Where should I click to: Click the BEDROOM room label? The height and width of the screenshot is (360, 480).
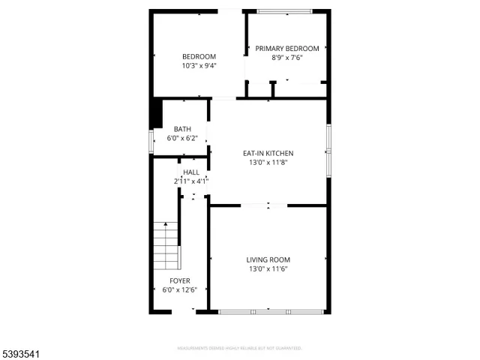pyautogui.click(x=199, y=56)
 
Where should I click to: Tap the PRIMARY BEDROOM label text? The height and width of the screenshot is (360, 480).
pyautogui.click(x=286, y=49)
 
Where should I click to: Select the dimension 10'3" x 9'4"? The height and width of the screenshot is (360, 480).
pyautogui.click(x=199, y=66)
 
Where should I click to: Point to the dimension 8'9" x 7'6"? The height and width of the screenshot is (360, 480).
pyautogui.click(x=286, y=58)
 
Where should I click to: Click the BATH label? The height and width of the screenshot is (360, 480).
pyautogui.click(x=182, y=129)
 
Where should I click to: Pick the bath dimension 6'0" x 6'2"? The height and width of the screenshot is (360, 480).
pyautogui.click(x=182, y=138)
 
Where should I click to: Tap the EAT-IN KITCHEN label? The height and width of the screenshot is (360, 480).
pyautogui.click(x=268, y=153)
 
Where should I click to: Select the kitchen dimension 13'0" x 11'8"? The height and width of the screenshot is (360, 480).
pyautogui.click(x=268, y=162)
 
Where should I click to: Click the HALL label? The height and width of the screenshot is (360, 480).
pyautogui.click(x=190, y=172)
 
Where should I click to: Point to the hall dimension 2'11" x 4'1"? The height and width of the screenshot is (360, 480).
pyautogui.click(x=190, y=181)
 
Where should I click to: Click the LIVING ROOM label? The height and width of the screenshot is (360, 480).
pyautogui.click(x=268, y=259)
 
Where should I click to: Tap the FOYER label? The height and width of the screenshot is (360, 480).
pyautogui.click(x=179, y=280)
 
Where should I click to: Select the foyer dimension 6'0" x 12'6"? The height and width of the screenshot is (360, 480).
pyautogui.click(x=179, y=289)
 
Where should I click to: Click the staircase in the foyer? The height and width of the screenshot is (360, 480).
pyautogui.click(x=166, y=247)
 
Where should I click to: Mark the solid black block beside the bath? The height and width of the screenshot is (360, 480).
pyautogui.click(x=157, y=114)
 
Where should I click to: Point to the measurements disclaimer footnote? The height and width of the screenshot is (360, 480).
pyautogui.click(x=239, y=348)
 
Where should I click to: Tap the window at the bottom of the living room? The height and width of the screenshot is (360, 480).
pyautogui.click(x=270, y=311)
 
